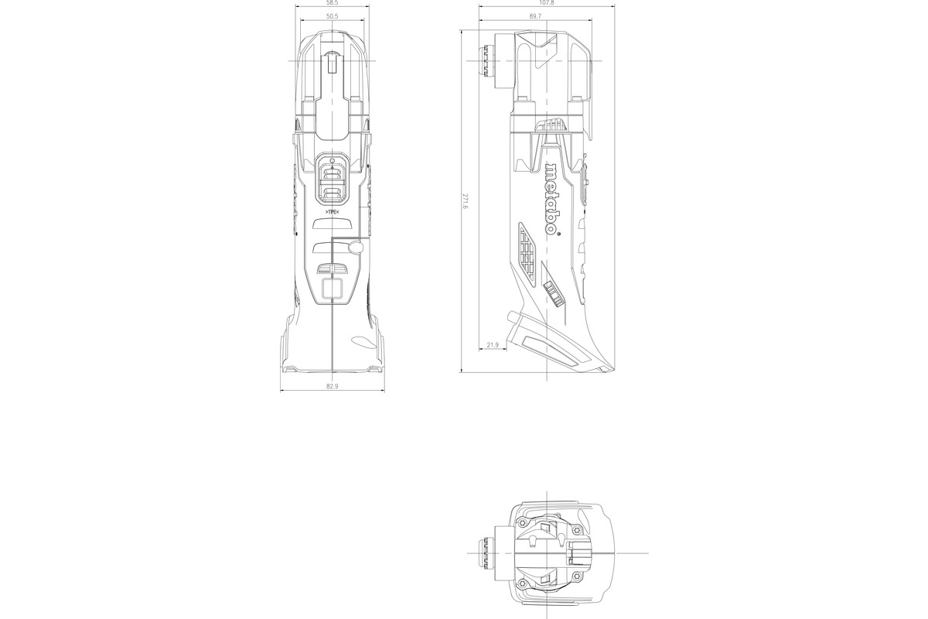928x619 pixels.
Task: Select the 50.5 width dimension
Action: [331, 16]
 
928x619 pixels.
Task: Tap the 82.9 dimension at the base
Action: [333, 386]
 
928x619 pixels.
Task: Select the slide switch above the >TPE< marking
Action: [331, 179]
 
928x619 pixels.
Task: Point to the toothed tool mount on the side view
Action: [487, 61]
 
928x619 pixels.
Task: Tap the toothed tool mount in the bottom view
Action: [487, 553]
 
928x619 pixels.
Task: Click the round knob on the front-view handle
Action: [355, 247]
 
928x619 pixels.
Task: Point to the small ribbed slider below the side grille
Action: [552, 294]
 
